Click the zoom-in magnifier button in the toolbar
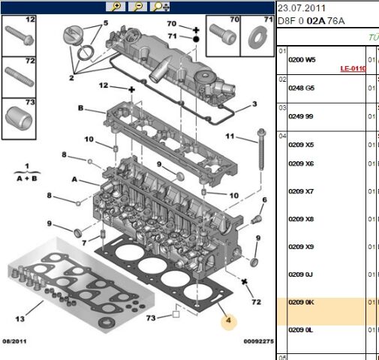click(117, 7)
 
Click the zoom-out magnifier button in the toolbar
click(137, 7)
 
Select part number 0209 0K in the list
click(301, 302)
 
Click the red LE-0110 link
click(352, 68)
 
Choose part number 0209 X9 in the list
click(301, 247)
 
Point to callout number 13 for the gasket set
click(20, 319)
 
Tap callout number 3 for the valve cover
click(254, 104)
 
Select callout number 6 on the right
click(264, 199)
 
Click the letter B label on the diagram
click(80, 108)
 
